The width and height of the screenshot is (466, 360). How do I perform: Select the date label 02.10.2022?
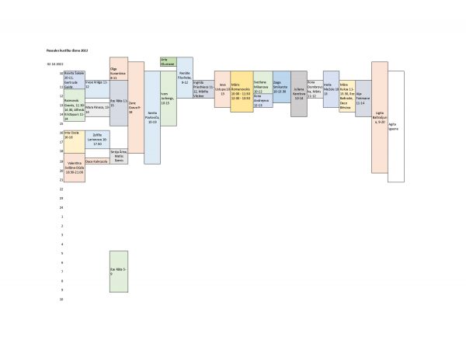point(54,64)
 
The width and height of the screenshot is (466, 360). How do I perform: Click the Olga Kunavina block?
point(118,69)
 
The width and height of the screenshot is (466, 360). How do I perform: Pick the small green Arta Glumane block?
point(168,63)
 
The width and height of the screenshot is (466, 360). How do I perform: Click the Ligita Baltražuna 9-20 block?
point(380,117)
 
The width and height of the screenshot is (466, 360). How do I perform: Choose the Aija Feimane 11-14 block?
point(363,98)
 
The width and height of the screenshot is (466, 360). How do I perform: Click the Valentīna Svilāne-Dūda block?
point(75,166)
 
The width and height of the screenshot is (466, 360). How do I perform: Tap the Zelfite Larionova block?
point(97,140)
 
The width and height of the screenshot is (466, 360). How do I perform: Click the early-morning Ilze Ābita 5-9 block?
point(118,272)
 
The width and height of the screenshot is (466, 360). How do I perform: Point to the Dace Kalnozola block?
point(97,161)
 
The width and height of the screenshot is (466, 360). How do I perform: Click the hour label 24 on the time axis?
point(61,208)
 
